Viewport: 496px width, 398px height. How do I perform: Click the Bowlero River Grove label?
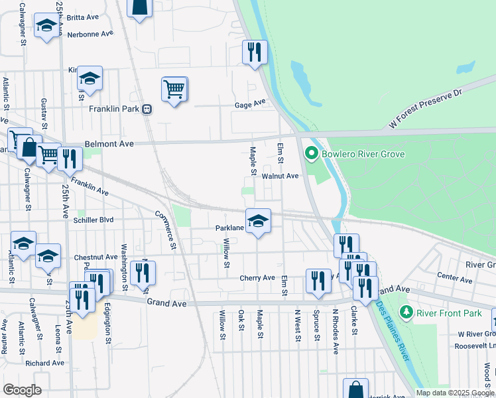363,155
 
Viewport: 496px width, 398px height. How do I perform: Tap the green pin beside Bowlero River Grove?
310,155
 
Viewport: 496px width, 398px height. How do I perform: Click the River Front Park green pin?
406,312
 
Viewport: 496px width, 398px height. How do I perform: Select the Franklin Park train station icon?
147,109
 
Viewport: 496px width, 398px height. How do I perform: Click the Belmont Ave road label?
109,143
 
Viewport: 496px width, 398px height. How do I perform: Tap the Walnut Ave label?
280,176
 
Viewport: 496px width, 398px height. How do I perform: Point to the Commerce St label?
166,230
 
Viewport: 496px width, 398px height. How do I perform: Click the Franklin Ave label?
90,186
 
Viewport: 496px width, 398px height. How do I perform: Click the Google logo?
22,390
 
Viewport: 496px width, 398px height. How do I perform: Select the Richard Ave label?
44,363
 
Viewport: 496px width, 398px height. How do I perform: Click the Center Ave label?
454,275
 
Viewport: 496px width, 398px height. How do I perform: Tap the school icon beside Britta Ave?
46,25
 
